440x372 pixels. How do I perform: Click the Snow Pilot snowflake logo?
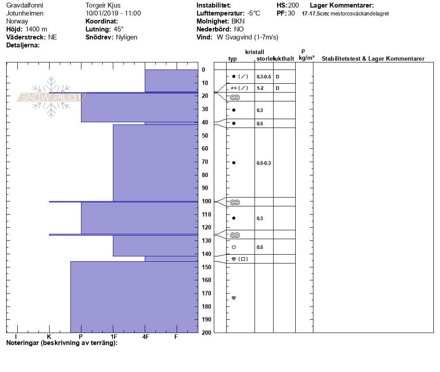[51, 97]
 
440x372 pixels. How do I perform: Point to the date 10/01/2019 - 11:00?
[113, 13]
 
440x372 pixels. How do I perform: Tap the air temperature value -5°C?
[254, 13]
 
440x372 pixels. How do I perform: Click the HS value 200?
[293, 5]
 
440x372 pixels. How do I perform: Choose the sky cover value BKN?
[238, 21]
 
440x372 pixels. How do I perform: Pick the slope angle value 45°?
[119, 29]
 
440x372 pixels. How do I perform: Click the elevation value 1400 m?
[36, 29]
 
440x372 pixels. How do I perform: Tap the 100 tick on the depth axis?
[206, 201]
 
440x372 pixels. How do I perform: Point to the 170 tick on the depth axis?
[206, 293]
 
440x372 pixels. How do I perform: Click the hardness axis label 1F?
[113, 337]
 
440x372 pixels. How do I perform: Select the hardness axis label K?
[49, 337]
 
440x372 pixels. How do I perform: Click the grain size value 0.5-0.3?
[264, 163]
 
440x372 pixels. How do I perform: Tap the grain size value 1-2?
[260, 88]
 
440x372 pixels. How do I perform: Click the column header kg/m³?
[306, 58]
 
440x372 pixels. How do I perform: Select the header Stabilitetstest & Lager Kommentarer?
[373, 59]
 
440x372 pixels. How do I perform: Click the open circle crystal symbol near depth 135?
[234, 247]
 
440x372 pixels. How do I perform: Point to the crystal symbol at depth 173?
[234, 298]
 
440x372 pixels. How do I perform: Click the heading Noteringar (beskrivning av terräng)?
[62, 343]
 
